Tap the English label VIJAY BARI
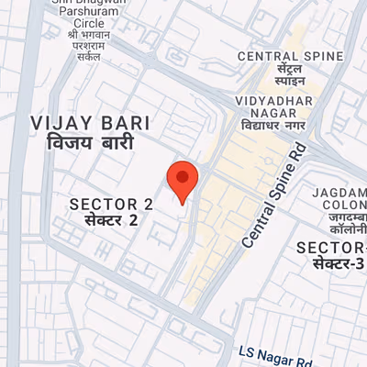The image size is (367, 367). (89, 123)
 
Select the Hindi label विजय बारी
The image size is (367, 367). (90, 143)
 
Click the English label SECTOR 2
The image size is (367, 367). (112, 204)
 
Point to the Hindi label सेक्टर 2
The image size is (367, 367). (111, 221)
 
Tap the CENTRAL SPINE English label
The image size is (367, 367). (290, 56)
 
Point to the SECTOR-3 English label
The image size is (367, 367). (332, 248)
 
